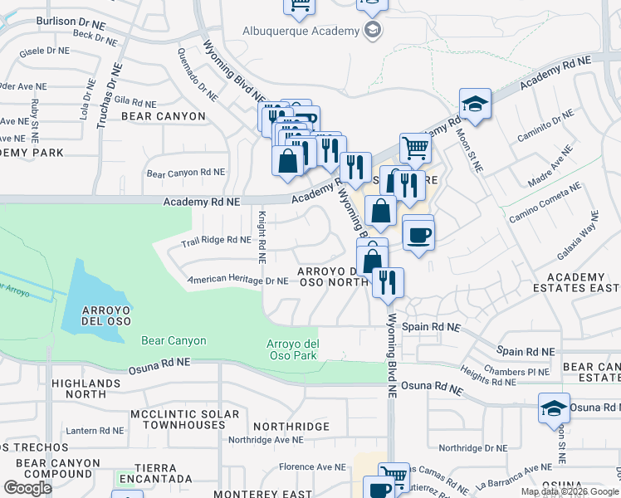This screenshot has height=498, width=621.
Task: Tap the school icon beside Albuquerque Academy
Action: tap(373, 32)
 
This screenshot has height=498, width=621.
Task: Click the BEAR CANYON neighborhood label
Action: tap(163, 116)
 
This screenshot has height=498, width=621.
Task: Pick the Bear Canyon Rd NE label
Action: tap(186, 173)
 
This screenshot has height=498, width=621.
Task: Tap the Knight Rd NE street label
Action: tap(261, 237)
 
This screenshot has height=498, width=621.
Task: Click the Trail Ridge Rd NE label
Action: tap(216, 241)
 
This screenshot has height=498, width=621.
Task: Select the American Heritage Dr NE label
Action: tap(238, 281)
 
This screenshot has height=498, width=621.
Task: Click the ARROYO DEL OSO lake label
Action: tap(104, 316)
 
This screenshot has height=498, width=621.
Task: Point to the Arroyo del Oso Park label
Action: tap(291, 349)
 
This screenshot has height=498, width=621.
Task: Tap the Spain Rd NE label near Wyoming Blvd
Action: tap(431, 327)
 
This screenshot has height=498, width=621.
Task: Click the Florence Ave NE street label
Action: tap(312, 467)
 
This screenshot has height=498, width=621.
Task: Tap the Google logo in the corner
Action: tap(27, 488)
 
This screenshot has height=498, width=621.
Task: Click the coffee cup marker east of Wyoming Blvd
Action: tap(418, 234)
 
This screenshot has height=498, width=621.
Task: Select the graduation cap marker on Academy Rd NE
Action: tap(475, 104)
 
